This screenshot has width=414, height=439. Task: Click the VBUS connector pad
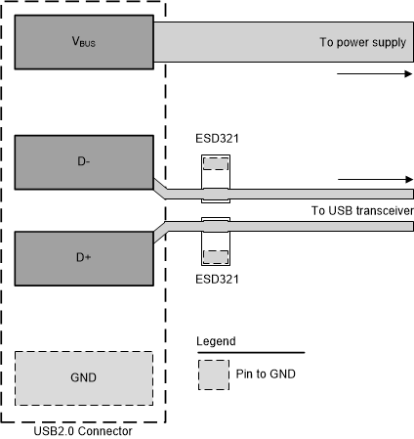click(x=83, y=43)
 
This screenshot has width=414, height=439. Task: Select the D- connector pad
click(x=83, y=160)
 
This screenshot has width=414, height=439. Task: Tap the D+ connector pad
click(x=83, y=258)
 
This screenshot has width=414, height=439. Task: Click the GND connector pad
click(x=83, y=375)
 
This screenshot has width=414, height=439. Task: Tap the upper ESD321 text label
click(x=215, y=139)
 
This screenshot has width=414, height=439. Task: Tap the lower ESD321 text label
click(x=215, y=278)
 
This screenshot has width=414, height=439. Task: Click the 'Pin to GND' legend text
click(x=267, y=373)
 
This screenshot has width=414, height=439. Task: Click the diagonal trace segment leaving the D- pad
click(x=162, y=187)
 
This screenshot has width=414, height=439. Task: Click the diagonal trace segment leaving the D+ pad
click(x=162, y=232)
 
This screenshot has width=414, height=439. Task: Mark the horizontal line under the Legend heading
click(x=250, y=352)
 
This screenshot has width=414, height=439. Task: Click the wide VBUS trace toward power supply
click(x=244, y=43)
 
